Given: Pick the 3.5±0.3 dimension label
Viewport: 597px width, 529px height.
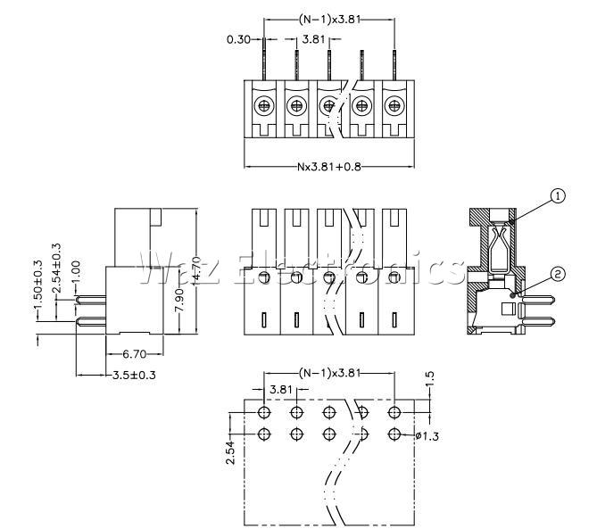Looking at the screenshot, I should [x=134, y=375].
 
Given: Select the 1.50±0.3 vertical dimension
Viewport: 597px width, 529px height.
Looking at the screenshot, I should [x=37, y=291].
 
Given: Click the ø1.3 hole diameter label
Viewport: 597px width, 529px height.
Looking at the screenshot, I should [x=427, y=435].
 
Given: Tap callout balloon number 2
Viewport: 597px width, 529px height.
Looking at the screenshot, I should [x=558, y=274].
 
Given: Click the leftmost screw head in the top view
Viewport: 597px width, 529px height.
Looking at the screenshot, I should [x=264, y=107].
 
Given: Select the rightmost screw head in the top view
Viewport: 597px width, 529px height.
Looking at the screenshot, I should [x=394, y=107].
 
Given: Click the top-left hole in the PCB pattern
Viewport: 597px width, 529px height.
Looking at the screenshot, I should [x=264, y=412].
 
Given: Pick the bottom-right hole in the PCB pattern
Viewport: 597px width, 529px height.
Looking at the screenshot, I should [x=394, y=434].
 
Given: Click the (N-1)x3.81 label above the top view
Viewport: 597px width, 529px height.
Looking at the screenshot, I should [x=329, y=19].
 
